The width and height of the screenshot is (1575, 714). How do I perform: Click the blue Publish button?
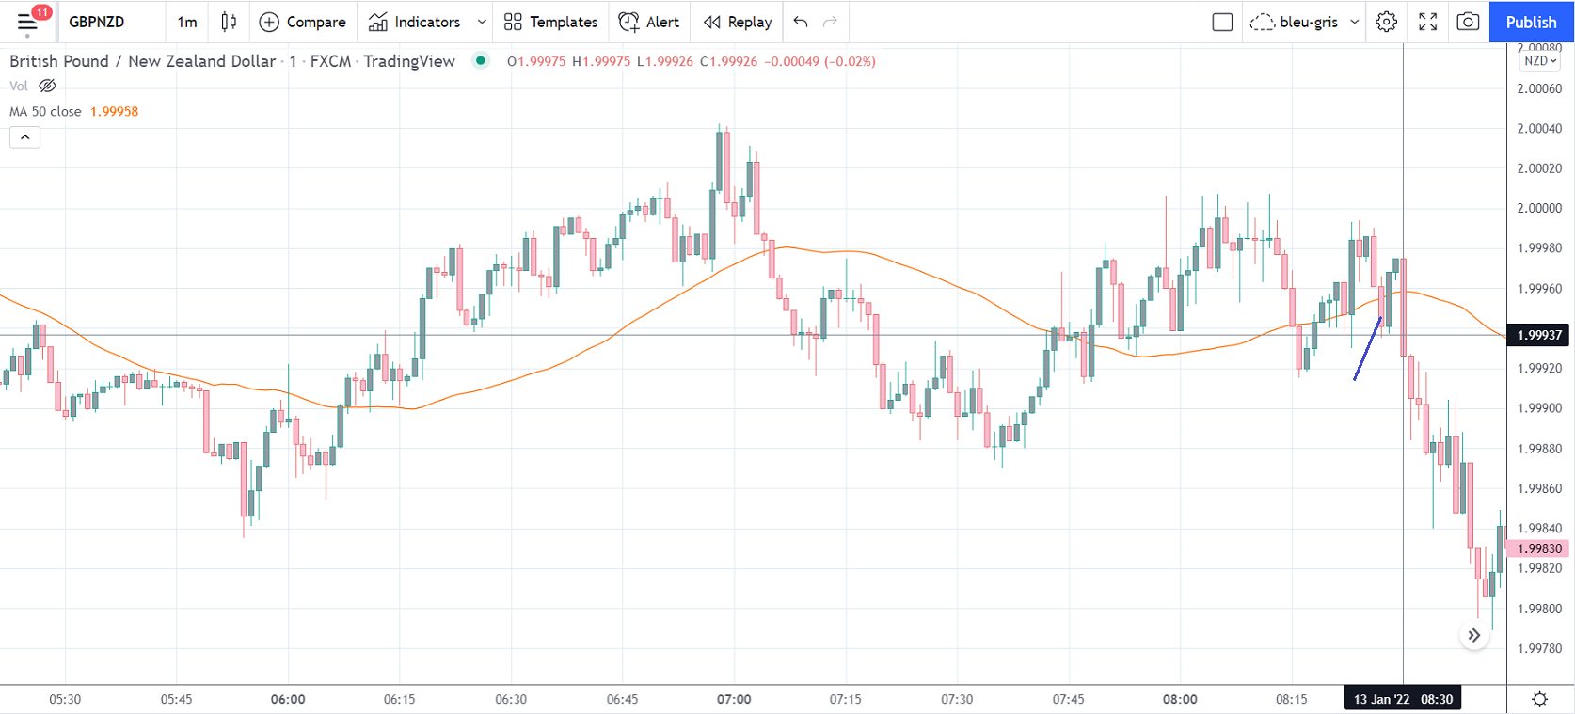(x=1531, y=22)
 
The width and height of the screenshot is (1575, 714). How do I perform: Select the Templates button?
(x=550, y=22)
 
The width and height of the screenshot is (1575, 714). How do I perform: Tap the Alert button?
(x=649, y=22)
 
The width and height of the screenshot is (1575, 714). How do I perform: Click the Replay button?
(x=738, y=22)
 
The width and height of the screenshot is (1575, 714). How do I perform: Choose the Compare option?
(x=302, y=22)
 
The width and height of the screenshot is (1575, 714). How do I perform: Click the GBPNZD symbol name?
(x=97, y=22)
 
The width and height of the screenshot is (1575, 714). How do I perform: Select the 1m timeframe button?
(x=187, y=22)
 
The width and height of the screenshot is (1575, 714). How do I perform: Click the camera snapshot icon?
(x=1468, y=22)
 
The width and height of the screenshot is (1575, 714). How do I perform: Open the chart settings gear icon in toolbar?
(x=1386, y=22)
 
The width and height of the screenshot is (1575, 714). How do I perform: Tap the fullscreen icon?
(x=1427, y=22)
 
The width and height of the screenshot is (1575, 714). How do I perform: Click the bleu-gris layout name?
(x=1308, y=22)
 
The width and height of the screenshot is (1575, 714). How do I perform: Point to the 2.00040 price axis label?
(x=1539, y=129)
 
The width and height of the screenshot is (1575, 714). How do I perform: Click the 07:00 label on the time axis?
(x=734, y=699)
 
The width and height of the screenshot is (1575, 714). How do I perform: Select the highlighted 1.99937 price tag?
(x=1539, y=335)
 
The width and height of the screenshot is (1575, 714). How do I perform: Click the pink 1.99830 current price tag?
(x=1539, y=548)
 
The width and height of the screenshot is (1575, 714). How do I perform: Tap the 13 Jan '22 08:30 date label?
(x=1403, y=699)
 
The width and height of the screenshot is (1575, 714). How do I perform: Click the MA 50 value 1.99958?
(x=114, y=111)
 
